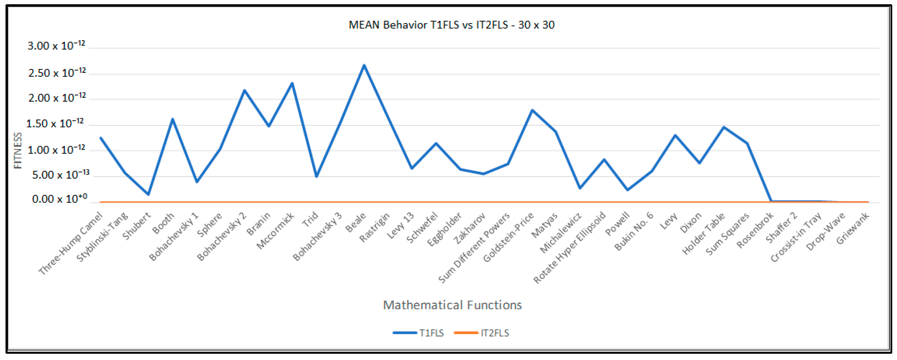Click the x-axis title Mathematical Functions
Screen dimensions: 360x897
452,305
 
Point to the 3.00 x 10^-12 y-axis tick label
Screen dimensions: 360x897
56,46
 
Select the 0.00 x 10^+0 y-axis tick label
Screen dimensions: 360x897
59,199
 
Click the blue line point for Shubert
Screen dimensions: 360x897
148,194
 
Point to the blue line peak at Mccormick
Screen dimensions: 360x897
292,83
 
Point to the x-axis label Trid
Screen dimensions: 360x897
310,219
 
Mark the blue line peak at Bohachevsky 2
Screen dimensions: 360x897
245,90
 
